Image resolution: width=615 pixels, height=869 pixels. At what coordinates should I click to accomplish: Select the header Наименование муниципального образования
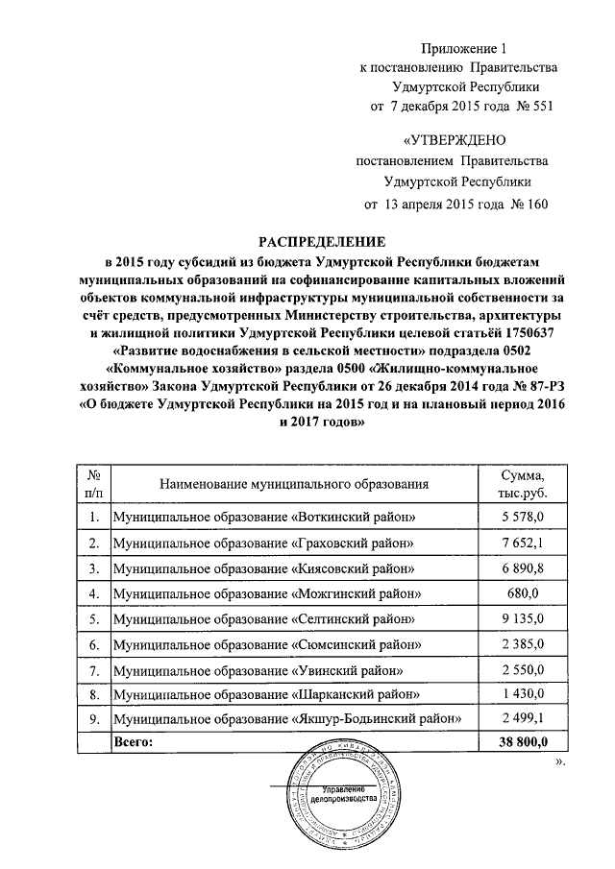293,486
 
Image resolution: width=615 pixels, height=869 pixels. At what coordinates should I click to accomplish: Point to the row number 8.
94,693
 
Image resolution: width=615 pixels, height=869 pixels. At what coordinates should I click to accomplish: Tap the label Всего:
134,742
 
